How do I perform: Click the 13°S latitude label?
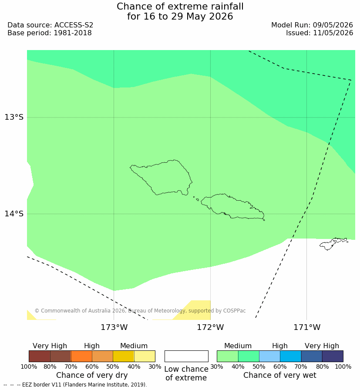(x=14, y=117)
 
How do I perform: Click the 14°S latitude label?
(x=14, y=213)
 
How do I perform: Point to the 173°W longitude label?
(x=114, y=327)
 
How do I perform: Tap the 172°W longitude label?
(x=211, y=327)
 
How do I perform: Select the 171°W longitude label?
(x=307, y=327)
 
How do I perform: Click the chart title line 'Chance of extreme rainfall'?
(x=180, y=7)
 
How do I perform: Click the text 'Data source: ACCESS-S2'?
(x=50, y=25)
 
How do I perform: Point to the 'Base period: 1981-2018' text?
(x=50, y=33)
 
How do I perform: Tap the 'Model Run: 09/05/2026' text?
(x=312, y=25)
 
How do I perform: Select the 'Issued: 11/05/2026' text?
(x=320, y=33)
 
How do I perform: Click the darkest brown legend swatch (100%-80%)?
(x=40, y=356)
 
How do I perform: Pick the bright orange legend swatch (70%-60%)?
(x=81, y=356)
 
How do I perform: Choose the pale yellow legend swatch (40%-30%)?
(x=145, y=356)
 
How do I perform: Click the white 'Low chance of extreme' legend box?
(x=186, y=356)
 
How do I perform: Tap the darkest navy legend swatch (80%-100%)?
(x=333, y=356)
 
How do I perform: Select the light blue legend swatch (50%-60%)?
(x=270, y=356)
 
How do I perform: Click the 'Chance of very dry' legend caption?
(x=92, y=375)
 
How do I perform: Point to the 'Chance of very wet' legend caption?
(x=279, y=375)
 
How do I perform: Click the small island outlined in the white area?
(x=333, y=243)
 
